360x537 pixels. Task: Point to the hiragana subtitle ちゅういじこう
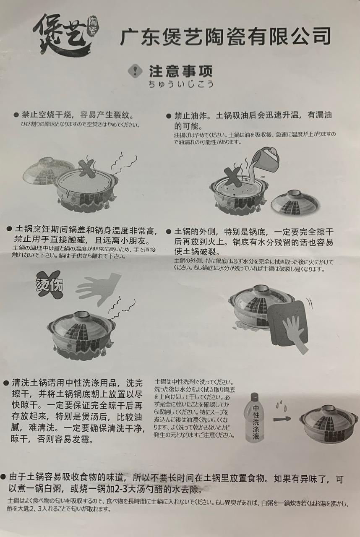pos(181,84)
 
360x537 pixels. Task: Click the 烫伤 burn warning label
pos(49,286)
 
